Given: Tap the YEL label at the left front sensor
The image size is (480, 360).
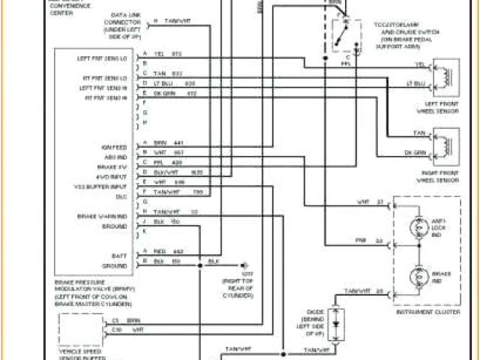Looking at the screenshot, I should click(420, 64).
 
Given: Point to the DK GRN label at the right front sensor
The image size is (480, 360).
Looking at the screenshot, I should click(415, 153).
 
